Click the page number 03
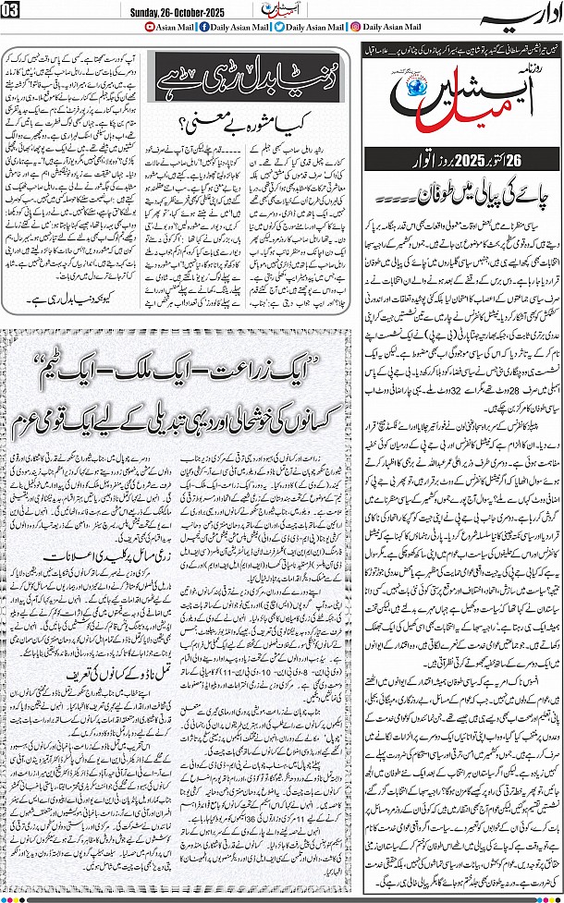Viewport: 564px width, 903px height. pos(16,10)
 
